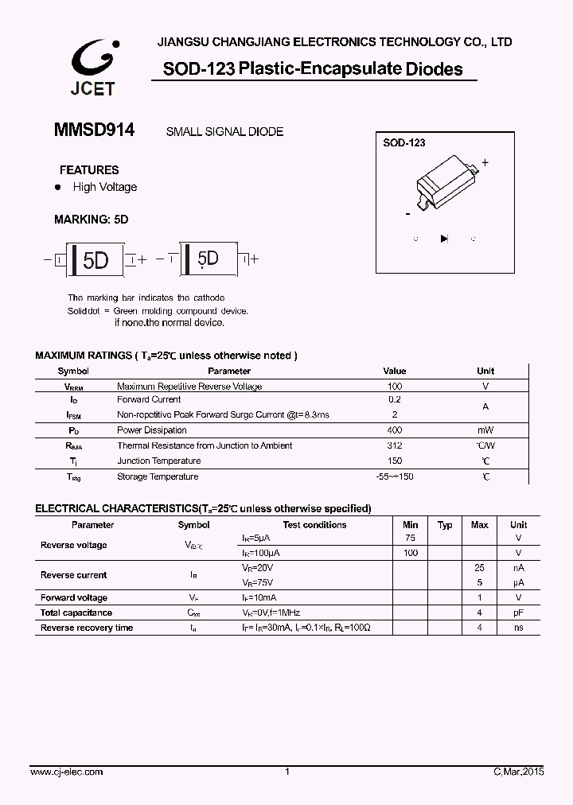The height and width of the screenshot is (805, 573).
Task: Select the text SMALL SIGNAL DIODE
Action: pyautogui.click(x=224, y=132)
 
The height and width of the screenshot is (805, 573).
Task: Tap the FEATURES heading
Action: pyautogui.click(x=89, y=169)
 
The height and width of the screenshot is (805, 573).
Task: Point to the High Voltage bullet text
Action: pyautogui.click(x=105, y=187)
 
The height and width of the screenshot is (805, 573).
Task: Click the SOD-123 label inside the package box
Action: pyautogui.click(x=404, y=143)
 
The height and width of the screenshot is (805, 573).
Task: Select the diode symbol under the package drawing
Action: pyautogui.click(x=444, y=238)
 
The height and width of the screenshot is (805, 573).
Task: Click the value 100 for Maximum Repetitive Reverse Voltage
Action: pyautogui.click(x=394, y=386)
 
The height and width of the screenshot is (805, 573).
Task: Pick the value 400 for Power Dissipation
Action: pyautogui.click(x=394, y=430)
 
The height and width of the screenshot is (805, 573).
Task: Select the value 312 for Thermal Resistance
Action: pyautogui.click(x=394, y=445)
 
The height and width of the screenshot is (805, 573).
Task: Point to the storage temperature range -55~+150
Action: pyautogui.click(x=394, y=476)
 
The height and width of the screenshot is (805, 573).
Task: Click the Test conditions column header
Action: pyautogui.click(x=314, y=525)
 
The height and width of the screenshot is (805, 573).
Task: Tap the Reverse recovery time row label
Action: pyautogui.click(x=87, y=628)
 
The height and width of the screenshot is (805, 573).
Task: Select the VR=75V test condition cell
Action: pyautogui.click(x=257, y=582)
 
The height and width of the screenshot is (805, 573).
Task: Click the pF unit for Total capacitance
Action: pyautogui.click(x=518, y=612)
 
